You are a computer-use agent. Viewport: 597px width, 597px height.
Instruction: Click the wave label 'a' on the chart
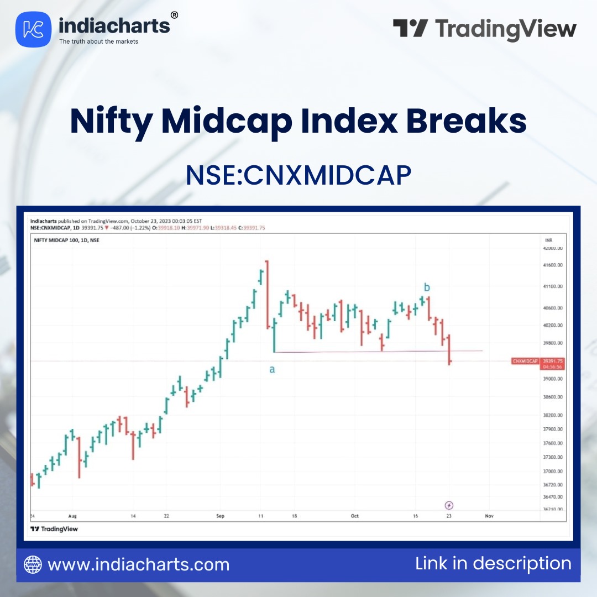coord(272,370)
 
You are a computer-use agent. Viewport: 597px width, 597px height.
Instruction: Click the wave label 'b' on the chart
coord(427,287)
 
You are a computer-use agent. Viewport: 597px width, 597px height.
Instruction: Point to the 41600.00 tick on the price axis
coord(553,266)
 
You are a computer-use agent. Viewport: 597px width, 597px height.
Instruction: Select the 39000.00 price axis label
coord(553,379)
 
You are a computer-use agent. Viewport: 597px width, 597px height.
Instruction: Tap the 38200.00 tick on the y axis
coord(553,415)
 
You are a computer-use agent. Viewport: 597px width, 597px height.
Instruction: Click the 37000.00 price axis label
coord(553,472)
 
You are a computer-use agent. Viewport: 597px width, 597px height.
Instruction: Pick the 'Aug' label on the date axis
coord(72,516)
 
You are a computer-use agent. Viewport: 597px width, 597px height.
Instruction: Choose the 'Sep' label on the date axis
coord(220,516)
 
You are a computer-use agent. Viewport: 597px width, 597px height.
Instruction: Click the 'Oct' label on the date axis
coord(355,516)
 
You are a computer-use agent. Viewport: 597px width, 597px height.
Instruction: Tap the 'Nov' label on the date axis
coord(489,516)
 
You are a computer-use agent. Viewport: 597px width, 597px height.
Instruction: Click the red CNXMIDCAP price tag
coord(525,361)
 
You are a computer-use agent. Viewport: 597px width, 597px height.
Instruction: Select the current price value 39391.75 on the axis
coord(553,360)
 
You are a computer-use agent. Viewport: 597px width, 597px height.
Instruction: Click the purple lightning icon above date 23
coord(449,505)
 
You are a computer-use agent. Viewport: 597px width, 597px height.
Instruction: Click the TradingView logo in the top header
coord(485,29)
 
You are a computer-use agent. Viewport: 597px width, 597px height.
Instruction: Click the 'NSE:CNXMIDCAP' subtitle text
coord(298,175)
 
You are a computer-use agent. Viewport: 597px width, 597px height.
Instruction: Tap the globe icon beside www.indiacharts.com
coord(33,564)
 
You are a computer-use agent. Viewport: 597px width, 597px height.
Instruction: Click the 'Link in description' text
coord(493,563)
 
